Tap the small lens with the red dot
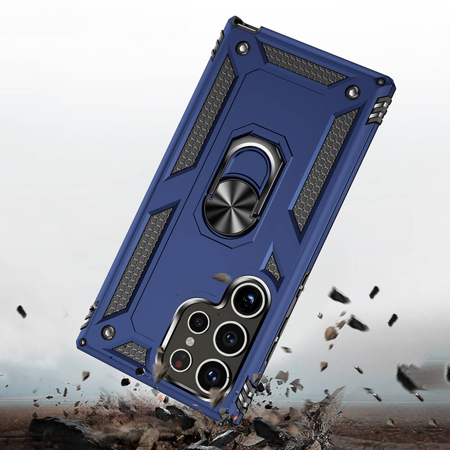pyautogui.click(x=181, y=360)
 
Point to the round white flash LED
pyautogui.click(x=190, y=341)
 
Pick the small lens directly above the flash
pyautogui.click(x=198, y=322)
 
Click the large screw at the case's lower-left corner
pyautogui.click(x=108, y=332)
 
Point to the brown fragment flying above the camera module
pyautogui.click(x=222, y=278)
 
